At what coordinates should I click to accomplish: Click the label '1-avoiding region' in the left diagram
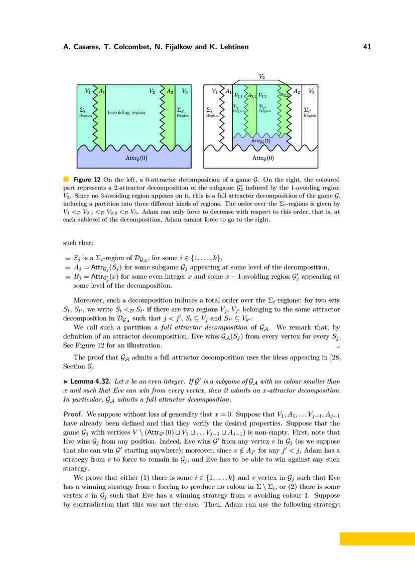point(126,113)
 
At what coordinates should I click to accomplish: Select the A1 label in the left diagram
point(102,91)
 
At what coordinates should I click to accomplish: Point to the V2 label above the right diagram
point(262,77)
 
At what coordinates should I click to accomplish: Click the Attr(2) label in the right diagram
point(260,142)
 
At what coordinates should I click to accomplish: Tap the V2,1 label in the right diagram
point(238,95)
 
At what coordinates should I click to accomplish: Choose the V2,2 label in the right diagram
point(262,95)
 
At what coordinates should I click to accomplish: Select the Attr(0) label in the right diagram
point(262,158)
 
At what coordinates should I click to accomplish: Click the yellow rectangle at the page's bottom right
point(377,539)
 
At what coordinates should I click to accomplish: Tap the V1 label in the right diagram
point(215,91)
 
